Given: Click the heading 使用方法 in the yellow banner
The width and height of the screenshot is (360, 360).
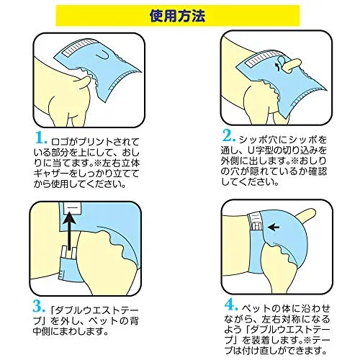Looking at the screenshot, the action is (x=177, y=16).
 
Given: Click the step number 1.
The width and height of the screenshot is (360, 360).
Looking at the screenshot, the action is (x=40, y=138).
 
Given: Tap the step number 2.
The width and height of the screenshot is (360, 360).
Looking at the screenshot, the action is (x=228, y=136).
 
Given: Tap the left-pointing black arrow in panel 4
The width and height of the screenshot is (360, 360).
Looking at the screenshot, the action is (x=274, y=227).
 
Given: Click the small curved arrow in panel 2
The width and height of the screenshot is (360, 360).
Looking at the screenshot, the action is (x=277, y=66).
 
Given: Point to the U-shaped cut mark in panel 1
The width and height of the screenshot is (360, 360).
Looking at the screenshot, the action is (x=103, y=55).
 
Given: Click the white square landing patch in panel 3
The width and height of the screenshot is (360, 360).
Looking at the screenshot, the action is (x=73, y=208).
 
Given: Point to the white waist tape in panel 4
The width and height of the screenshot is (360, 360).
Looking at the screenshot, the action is (x=256, y=222).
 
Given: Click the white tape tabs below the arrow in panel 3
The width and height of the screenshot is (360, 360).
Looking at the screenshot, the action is (x=69, y=252).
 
